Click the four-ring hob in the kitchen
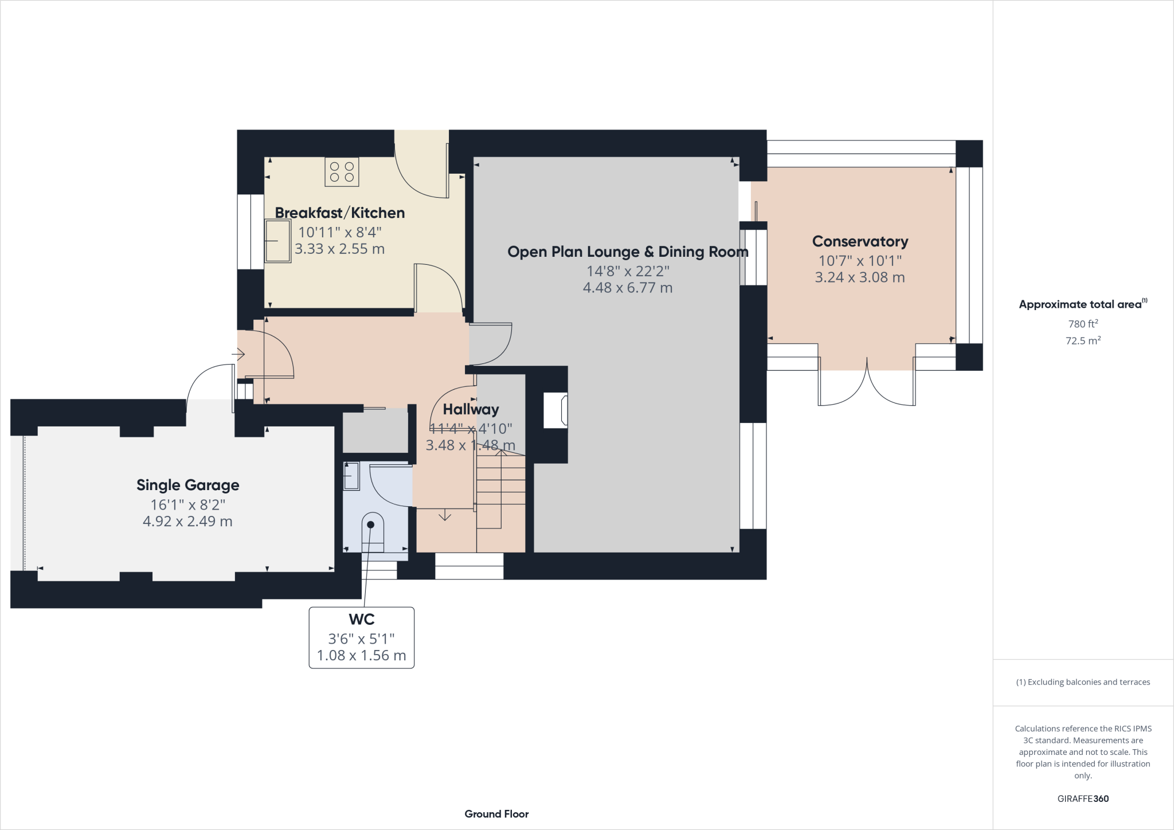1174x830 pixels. [342, 172]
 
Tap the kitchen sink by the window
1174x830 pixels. [278, 241]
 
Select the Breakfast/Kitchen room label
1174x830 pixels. [340, 213]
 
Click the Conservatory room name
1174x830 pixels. [860, 241]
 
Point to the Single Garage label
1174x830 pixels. [187, 485]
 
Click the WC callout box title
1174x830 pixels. [361, 620]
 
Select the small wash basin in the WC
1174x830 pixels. [350, 477]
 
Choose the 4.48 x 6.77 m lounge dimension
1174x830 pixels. [627, 288]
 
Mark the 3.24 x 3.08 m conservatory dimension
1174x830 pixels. [859, 277]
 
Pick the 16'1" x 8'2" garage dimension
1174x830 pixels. [187, 504]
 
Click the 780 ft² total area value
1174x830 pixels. [1082, 324]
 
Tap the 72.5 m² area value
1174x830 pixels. [1082, 340]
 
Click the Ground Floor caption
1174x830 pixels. [496, 814]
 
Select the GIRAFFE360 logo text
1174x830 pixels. [1082, 798]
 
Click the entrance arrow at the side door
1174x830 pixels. [238, 355]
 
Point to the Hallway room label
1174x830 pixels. [471, 409]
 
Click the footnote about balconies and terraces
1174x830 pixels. [1082, 682]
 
